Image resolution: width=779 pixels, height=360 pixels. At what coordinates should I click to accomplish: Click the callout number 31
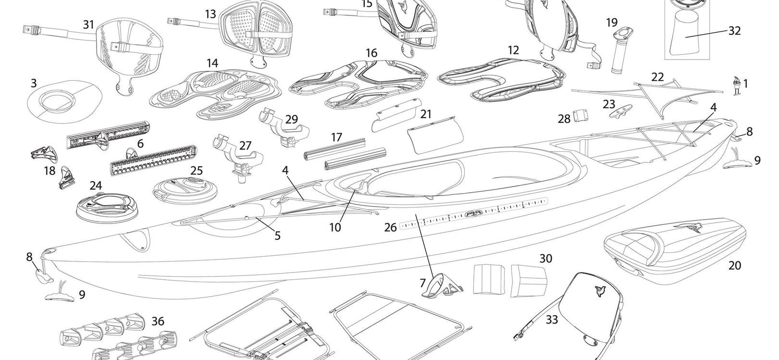point(88,24)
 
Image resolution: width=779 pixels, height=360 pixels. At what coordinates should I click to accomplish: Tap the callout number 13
point(210,14)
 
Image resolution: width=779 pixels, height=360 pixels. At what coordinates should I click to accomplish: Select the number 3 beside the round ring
point(34,83)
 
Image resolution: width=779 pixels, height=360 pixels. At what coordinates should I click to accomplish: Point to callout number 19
point(612,22)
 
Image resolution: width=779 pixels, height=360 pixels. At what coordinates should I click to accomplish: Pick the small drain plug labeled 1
point(736,87)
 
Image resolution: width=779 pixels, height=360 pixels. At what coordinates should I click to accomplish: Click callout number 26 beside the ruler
point(391,227)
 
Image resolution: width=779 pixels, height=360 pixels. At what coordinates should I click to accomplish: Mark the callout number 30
point(546,258)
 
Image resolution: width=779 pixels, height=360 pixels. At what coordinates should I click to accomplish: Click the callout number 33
point(552,319)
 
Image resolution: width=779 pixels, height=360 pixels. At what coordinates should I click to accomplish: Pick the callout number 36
point(158,321)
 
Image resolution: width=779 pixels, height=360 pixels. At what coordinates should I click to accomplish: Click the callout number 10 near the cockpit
point(335,226)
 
